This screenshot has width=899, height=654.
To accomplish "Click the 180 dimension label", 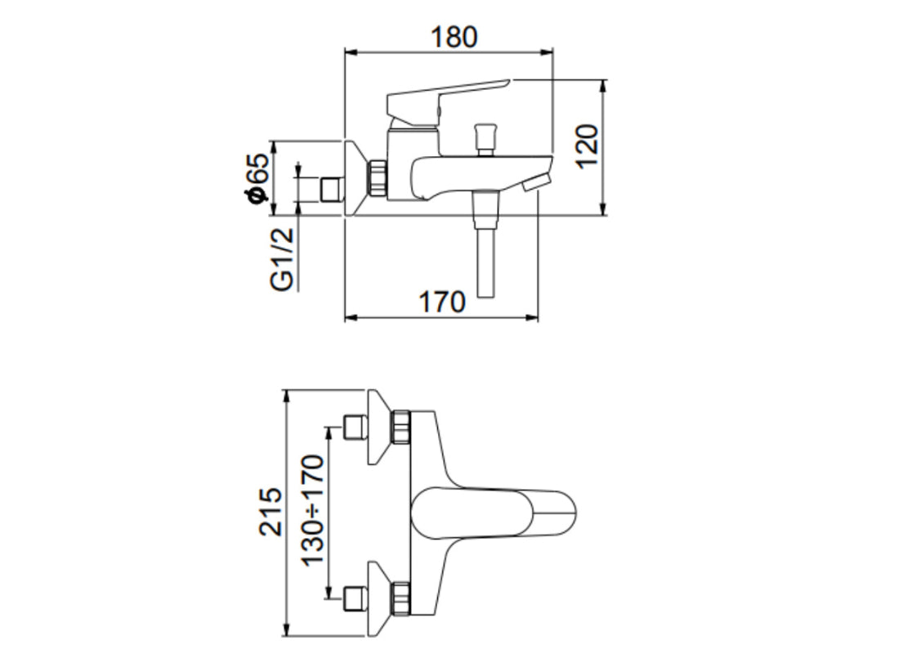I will point(450,37).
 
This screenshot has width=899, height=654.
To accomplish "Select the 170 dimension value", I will point(442,302).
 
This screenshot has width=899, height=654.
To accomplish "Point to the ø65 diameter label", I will point(256,178).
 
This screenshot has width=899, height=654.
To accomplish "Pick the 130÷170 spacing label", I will point(311,511).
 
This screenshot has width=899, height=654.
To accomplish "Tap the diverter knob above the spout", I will point(485,137).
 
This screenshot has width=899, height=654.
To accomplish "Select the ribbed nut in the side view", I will point(376,178).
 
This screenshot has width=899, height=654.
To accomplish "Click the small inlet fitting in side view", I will point(329,189).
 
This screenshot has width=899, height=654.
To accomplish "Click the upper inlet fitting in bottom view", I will point(354,427).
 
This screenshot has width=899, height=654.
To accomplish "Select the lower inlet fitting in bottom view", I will point(354,599).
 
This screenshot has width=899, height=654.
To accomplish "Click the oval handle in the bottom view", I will point(490,513).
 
